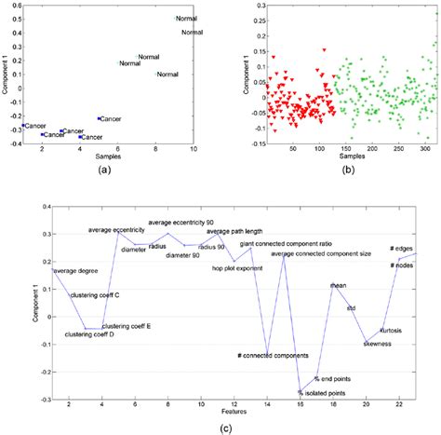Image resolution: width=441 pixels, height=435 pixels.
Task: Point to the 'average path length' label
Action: (x=233, y=232)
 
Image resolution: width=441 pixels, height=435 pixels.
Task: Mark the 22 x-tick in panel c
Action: (x=399, y=401)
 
